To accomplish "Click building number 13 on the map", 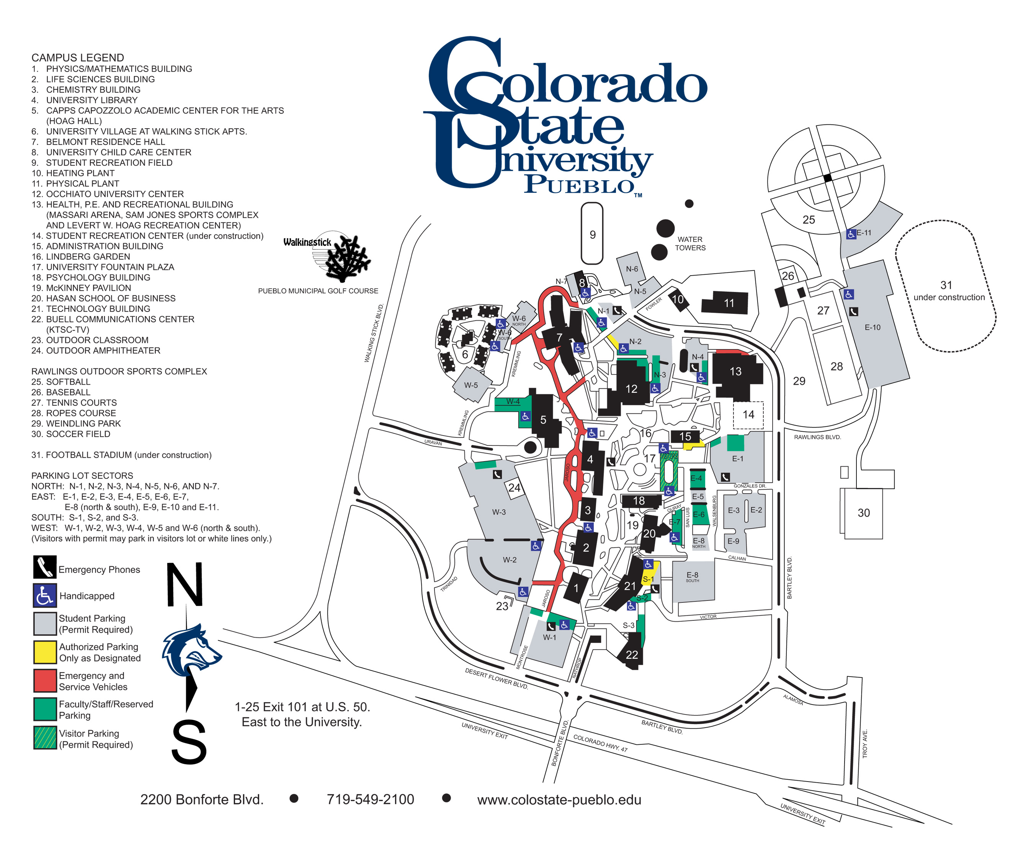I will pos(735,372).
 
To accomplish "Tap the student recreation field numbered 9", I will pos(592,235).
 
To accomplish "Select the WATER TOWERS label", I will pos(690,243).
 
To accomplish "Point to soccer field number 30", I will pos(864,513).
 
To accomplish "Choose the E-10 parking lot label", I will pos(872,327).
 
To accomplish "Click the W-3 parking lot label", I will pos(499,512).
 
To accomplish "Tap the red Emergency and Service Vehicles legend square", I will pos(45,680).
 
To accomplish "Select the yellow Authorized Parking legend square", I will pos(45,652).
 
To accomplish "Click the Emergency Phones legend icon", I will pos(45,567).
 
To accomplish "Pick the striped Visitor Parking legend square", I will pos(45,737).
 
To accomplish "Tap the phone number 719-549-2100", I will pos(370,799).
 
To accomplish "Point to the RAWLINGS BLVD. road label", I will pos(817,437).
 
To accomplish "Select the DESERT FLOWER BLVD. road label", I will pos(496,679).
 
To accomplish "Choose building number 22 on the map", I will pos(632,655).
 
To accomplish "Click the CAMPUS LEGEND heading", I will pos(78,58).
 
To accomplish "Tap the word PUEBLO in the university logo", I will pos(580,185).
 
